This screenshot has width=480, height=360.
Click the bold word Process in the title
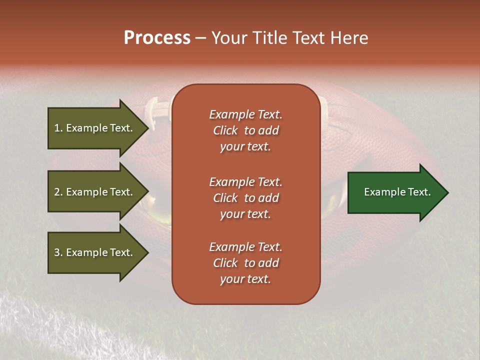pos(157,38)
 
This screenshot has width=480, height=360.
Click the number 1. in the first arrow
pos(58,128)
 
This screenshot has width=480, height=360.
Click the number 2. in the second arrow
pos(58,192)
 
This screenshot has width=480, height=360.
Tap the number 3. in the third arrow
pos(58,252)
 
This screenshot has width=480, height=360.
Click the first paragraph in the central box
pos(245,130)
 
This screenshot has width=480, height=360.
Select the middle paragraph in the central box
pos(245,198)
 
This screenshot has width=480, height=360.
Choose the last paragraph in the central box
pos(245,263)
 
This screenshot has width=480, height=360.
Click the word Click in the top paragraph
pos(225,130)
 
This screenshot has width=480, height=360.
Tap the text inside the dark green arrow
pos(397,192)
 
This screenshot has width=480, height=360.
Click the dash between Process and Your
pos(201,38)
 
